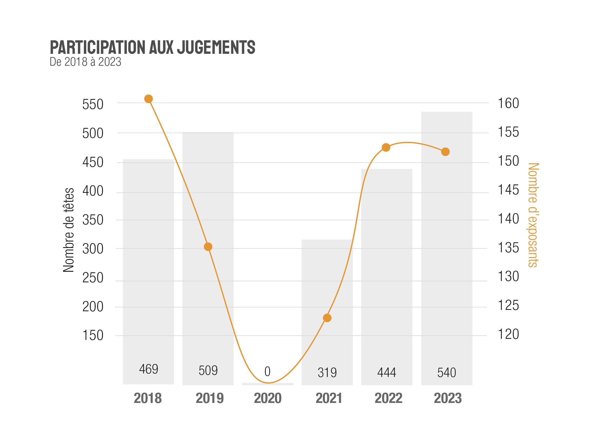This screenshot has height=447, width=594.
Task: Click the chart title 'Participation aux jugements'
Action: point(152,47)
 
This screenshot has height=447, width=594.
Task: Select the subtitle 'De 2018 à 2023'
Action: point(85,62)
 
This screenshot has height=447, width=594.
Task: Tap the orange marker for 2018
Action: point(148,99)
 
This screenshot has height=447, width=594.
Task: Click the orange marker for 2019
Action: point(208,247)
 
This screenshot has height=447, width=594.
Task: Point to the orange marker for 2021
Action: point(327,318)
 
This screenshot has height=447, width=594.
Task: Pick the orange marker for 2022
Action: point(386,147)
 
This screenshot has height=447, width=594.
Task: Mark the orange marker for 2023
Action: point(445,152)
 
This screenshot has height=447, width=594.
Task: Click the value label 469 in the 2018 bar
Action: point(149,369)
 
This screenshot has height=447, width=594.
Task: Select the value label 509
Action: point(208,370)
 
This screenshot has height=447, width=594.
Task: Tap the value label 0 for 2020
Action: point(267,372)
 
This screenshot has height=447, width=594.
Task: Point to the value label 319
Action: point(327,373)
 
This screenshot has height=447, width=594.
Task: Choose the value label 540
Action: point(447,373)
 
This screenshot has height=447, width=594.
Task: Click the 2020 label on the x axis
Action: point(268,398)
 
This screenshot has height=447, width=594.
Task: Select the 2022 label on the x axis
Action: point(388,398)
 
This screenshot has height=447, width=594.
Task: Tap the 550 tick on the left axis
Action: point(93,104)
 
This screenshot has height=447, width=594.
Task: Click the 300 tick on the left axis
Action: point(93,249)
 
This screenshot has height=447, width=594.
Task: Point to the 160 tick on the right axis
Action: point(508,103)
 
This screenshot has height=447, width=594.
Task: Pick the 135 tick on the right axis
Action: point(508,248)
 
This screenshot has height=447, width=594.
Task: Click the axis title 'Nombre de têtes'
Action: point(68,230)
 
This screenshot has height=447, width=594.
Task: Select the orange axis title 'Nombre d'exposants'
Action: point(533,215)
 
